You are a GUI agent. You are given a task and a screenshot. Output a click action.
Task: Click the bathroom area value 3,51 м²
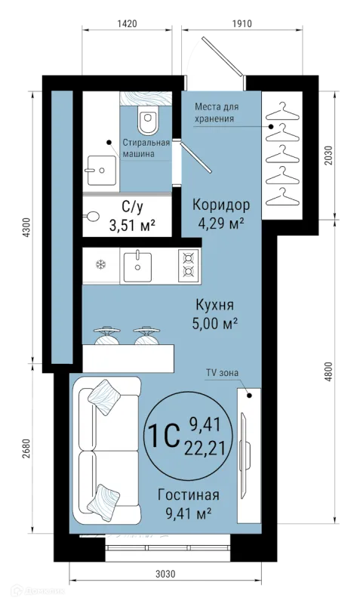(x=133, y=224)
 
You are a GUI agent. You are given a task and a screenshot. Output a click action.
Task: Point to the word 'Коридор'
(x=220, y=205)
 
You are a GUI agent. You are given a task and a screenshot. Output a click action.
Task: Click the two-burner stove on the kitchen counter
(x=188, y=266)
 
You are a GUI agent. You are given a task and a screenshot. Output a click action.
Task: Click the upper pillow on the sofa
(x=102, y=394)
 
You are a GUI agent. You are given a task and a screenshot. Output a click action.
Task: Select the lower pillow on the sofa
(x=102, y=499)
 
